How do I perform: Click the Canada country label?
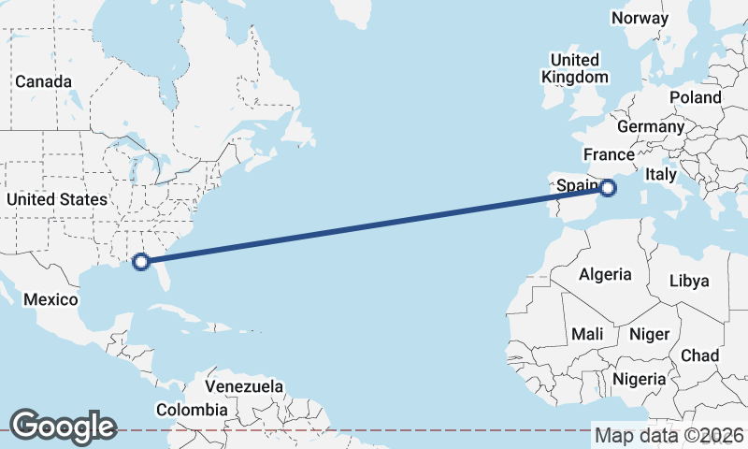[43, 81]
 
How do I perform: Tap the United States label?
[56, 199]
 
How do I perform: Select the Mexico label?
[50, 299]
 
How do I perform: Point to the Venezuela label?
[244, 386]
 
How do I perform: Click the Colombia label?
[192, 410]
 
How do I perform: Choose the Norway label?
[640, 18]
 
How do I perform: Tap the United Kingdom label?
[575, 68]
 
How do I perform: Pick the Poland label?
[696, 97]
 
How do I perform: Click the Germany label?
[651, 126]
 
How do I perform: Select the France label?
[609, 154]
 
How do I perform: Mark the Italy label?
[661, 174]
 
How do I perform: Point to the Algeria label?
[605, 275]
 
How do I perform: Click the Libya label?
[689, 281]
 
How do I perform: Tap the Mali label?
[587, 334]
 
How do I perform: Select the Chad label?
[699, 355]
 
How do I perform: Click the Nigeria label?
[640, 379]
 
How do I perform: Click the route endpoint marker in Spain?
[609, 188]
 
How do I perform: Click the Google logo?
[63, 426]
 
